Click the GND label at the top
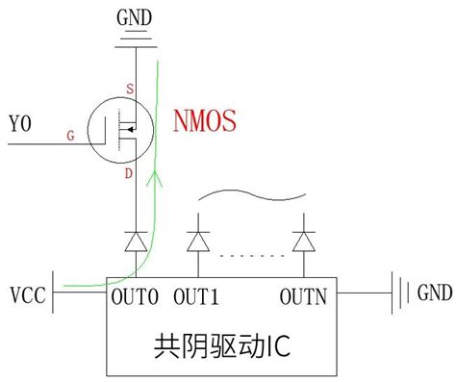(134, 15)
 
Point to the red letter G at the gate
(70, 138)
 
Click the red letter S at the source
(129, 89)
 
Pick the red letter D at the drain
(129, 173)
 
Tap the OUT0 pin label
(133, 294)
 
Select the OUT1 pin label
(197, 294)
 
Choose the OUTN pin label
(305, 294)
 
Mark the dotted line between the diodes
(251, 256)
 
